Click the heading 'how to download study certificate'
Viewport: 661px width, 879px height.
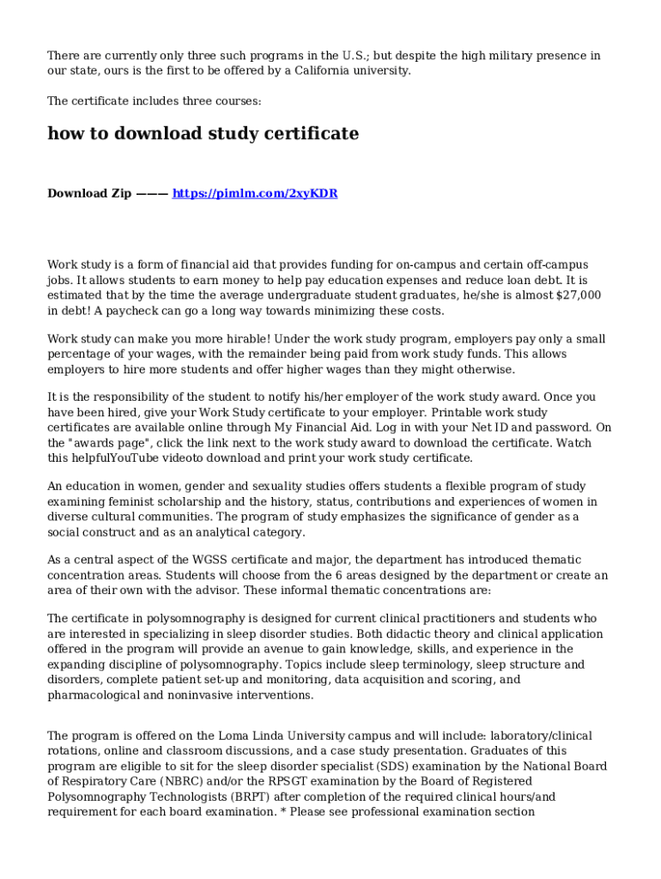pos(203,134)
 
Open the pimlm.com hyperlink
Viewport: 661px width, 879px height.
pos(255,194)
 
